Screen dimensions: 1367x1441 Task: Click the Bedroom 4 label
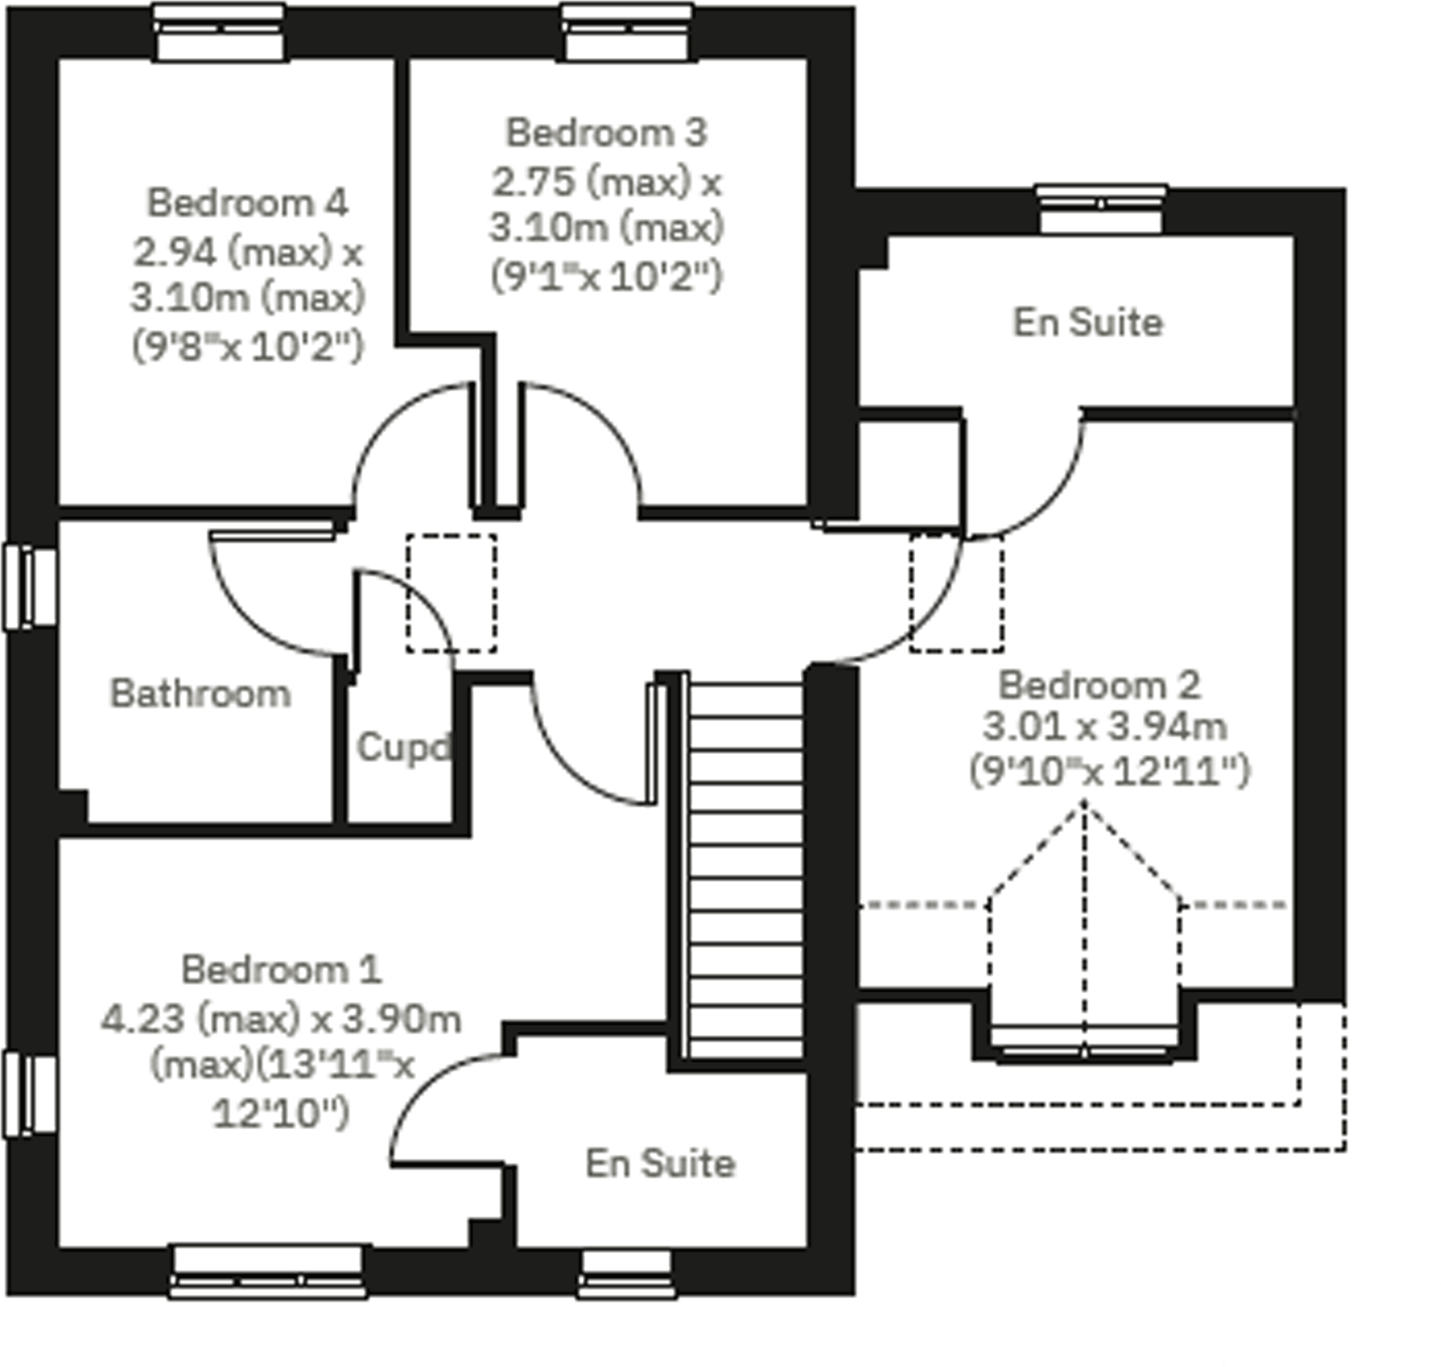pos(247,203)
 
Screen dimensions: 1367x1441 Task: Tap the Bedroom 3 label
pos(606,133)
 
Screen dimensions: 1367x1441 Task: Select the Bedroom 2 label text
pos(1099,686)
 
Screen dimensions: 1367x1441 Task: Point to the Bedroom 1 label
pos(280,970)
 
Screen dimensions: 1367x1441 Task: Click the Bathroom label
pos(200,694)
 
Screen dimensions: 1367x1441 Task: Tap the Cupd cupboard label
pos(403,747)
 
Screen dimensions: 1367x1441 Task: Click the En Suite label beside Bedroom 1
pos(660,1164)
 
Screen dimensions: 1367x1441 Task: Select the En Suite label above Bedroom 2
pos(1088,323)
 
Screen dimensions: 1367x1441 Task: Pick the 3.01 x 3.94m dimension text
pos(1104,727)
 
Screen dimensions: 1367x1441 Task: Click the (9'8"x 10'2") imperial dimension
pos(247,347)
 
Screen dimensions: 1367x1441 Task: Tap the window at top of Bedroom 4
pos(219,32)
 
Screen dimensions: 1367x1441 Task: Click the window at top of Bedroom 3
pos(626,32)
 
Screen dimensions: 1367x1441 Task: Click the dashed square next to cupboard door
pos(452,593)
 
